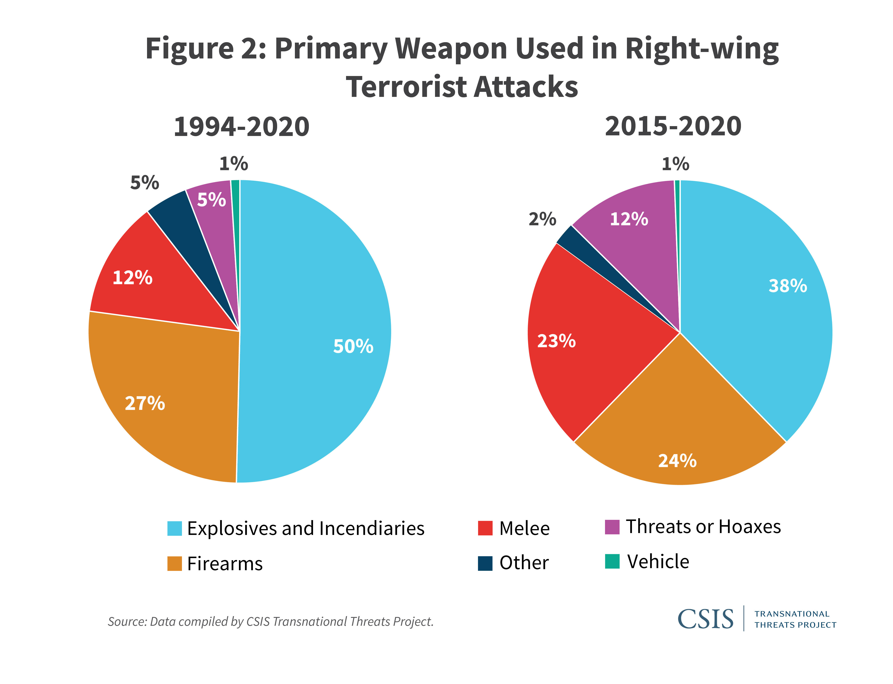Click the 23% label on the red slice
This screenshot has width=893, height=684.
click(556, 341)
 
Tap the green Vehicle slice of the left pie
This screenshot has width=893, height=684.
click(235, 204)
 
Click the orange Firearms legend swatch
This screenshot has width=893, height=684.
click(174, 564)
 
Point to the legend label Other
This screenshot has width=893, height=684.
click(524, 563)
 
